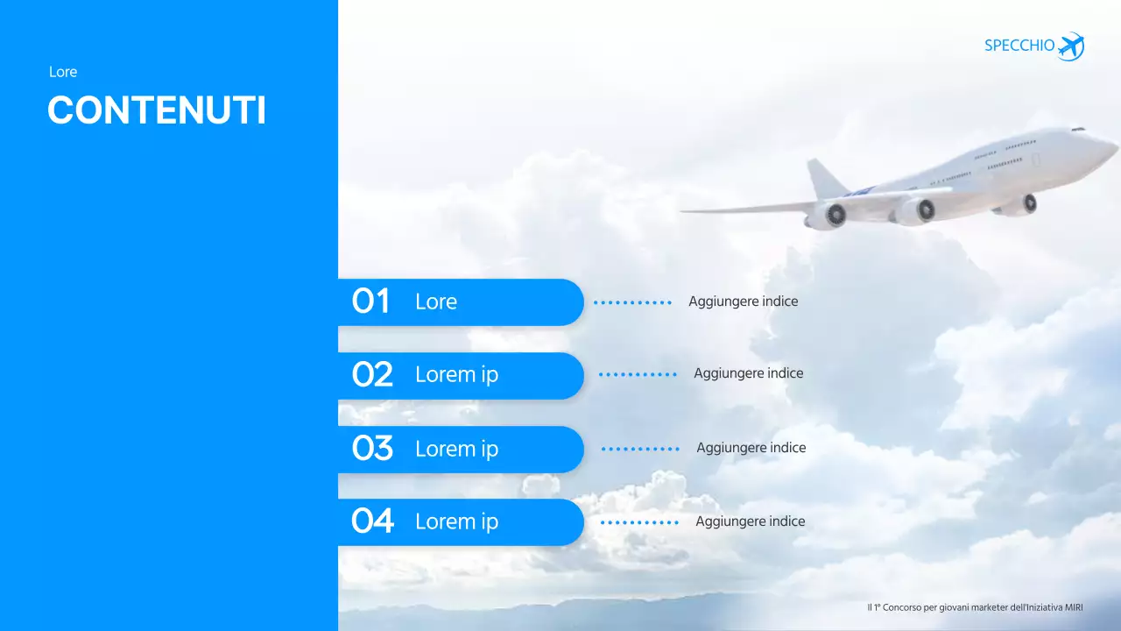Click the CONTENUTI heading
click(x=157, y=111)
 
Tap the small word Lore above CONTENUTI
click(x=63, y=72)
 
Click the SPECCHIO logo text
click(x=1019, y=46)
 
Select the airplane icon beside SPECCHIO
click(x=1071, y=46)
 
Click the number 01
click(x=370, y=301)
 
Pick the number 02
click(x=372, y=375)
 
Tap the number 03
click(x=372, y=449)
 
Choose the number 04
click(x=372, y=521)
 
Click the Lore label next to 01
click(x=436, y=301)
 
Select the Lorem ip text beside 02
click(x=456, y=375)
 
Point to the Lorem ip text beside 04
click(x=456, y=521)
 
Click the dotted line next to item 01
click(x=632, y=302)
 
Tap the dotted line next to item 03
click(x=640, y=449)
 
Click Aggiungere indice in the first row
click(x=743, y=301)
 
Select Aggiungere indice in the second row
click(x=748, y=373)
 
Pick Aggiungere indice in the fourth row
click(x=750, y=521)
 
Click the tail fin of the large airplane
click(x=824, y=179)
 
